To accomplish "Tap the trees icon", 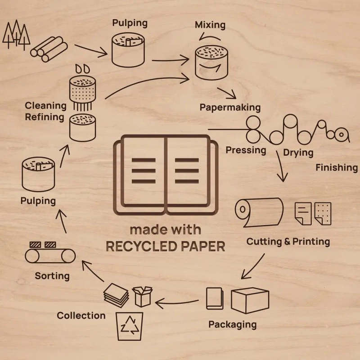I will pyautogui.click(x=16, y=34).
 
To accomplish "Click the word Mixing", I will pyautogui.click(x=210, y=25).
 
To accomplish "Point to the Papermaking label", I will pyautogui.click(x=230, y=108).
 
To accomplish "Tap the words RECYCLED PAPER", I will pyautogui.click(x=165, y=247).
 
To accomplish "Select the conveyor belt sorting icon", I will pyautogui.click(x=50, y=253).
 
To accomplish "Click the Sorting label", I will pyautogui.click(x=52, y=275).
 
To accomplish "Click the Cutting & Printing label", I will pyautogui.click(x=288, y=242).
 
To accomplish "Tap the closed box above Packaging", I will pyautogui.click(x=250, y=300).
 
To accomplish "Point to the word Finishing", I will pyautogui.click(x=336, y=168).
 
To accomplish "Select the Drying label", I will pyautogui.click(x=298, y=153).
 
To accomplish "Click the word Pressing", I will pyautogui.click(x=246, y=150).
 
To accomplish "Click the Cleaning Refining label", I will pyautogui.click(x=45, y=112).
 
